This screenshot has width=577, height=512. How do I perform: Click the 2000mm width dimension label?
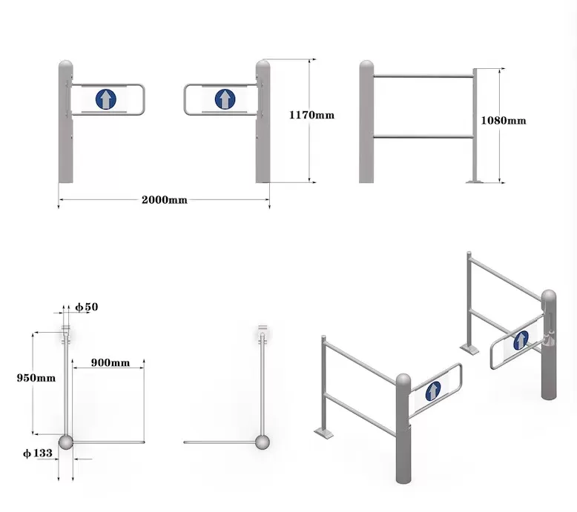[165, 200]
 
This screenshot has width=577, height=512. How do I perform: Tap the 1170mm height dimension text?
[311, 115]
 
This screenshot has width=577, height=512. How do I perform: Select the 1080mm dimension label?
[504, 121]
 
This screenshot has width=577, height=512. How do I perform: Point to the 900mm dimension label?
[111, 363]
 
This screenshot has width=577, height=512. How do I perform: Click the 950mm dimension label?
[36, 378]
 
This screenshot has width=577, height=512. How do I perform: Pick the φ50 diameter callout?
[87, 307]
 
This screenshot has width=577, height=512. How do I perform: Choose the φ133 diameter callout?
[38, 453]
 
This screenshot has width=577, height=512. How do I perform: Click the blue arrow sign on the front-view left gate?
[106, 99]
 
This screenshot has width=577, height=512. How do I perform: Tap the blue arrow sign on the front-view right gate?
[225, 99]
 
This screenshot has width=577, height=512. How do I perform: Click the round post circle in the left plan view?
[66, 442]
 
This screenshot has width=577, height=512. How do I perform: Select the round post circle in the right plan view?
[263, 442]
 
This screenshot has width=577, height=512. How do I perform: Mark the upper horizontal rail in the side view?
[423, 76]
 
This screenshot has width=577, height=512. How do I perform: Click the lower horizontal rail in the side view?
[423, 137]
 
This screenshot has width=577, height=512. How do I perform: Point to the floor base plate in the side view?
[475, 182]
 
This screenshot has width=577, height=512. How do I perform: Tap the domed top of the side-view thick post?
[366, 65]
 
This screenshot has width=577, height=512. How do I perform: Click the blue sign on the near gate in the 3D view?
[433, 391]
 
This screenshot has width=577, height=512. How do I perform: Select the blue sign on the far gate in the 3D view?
[521, 340]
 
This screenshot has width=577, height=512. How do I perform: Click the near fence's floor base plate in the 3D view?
[324, 433]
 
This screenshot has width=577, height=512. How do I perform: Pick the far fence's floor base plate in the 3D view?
[469, 348]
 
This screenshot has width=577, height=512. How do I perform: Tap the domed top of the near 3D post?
[403, 380]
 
